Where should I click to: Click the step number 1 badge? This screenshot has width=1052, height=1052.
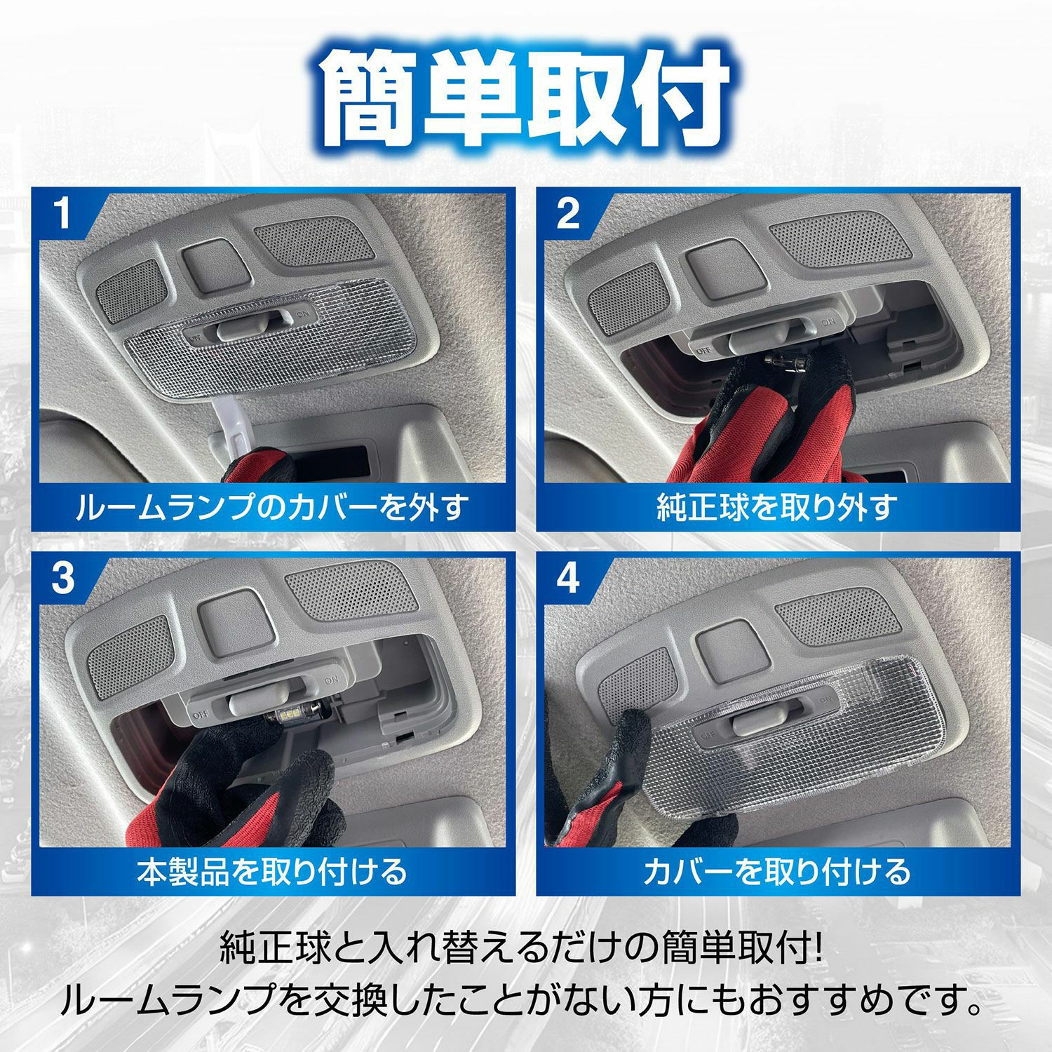[63, 215]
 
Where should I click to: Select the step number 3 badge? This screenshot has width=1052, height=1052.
[63, 579]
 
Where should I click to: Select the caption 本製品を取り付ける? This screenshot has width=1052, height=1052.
[272, 871]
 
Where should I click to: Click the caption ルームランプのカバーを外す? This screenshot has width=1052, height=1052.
[272, 506]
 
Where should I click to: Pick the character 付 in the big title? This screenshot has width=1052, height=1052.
[677, 98]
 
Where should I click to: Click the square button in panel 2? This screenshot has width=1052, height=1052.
[712, 267]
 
